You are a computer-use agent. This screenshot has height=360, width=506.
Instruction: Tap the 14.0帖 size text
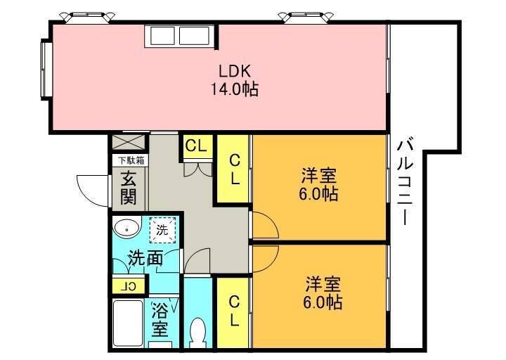[x=233, y=89]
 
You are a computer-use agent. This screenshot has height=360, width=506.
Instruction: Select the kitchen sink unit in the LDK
[x=178, y=36]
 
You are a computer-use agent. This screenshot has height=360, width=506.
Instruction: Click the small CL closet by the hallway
[x=196, y=146]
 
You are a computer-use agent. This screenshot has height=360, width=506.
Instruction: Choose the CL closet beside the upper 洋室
[x=233, y=169]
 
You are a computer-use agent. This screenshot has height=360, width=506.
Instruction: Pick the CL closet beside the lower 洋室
[x=233, y=311]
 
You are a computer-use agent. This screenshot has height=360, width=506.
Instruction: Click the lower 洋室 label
[x=323, y=285]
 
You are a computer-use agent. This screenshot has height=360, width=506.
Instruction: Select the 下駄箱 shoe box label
[x=131, y=160]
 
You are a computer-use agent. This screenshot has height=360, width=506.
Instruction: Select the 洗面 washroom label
[x=145, y=257]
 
